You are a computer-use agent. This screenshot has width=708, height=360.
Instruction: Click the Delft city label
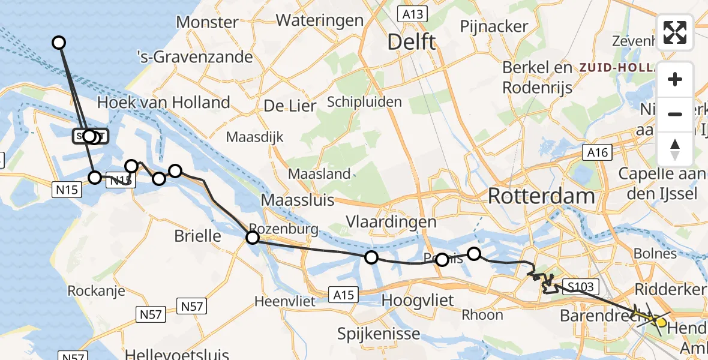point(411,42)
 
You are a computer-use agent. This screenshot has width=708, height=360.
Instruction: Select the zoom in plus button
point(675,79)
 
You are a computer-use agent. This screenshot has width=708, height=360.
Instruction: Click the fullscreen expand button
point(675,32)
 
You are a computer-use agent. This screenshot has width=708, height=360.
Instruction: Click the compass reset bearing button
point(675,149)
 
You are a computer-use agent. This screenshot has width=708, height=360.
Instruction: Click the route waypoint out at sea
point(59,42)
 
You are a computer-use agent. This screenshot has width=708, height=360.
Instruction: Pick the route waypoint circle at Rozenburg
point(253,238)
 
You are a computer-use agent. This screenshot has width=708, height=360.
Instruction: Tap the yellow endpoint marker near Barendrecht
point(661,322)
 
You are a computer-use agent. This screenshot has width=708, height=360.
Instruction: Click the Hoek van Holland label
point(163,103)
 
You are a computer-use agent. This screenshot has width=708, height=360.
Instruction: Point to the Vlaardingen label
point(391,221)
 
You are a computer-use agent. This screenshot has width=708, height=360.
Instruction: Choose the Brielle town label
point(197,236)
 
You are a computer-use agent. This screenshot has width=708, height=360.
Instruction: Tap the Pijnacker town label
point(494,26)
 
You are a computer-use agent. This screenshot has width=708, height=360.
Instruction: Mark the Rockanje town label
point(96,291)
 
